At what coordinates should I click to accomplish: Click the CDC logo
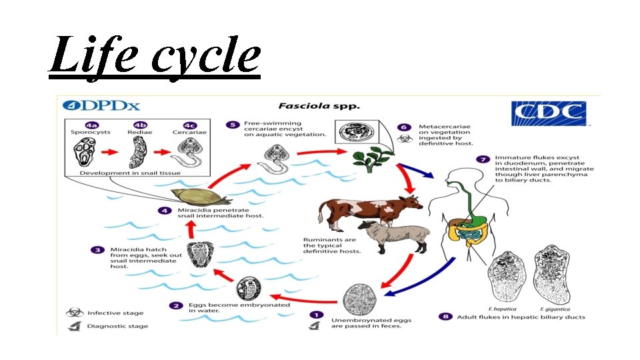tap(547, 113)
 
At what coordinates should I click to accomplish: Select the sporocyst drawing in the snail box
tap(87, 152)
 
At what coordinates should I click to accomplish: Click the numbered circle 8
tap(446, 316)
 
